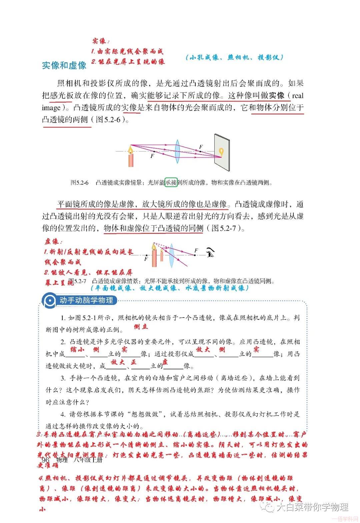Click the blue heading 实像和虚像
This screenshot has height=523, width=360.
[64, 65]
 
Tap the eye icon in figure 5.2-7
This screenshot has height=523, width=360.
[210, 253]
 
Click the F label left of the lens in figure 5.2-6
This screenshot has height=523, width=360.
[152, 156]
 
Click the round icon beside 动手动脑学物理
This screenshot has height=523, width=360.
[50, 300]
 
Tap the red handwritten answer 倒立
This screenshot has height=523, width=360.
[141, 327]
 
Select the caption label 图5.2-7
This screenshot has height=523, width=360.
[77, 281]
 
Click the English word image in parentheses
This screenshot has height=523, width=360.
[51, 108]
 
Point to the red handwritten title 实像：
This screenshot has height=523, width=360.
[101, 41]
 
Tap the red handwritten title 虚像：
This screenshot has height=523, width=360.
[53, 242]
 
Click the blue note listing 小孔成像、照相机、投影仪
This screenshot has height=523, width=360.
[234, 57]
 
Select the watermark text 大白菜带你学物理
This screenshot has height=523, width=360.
[312, 507]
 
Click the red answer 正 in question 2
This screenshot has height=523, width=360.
[134, 362]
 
